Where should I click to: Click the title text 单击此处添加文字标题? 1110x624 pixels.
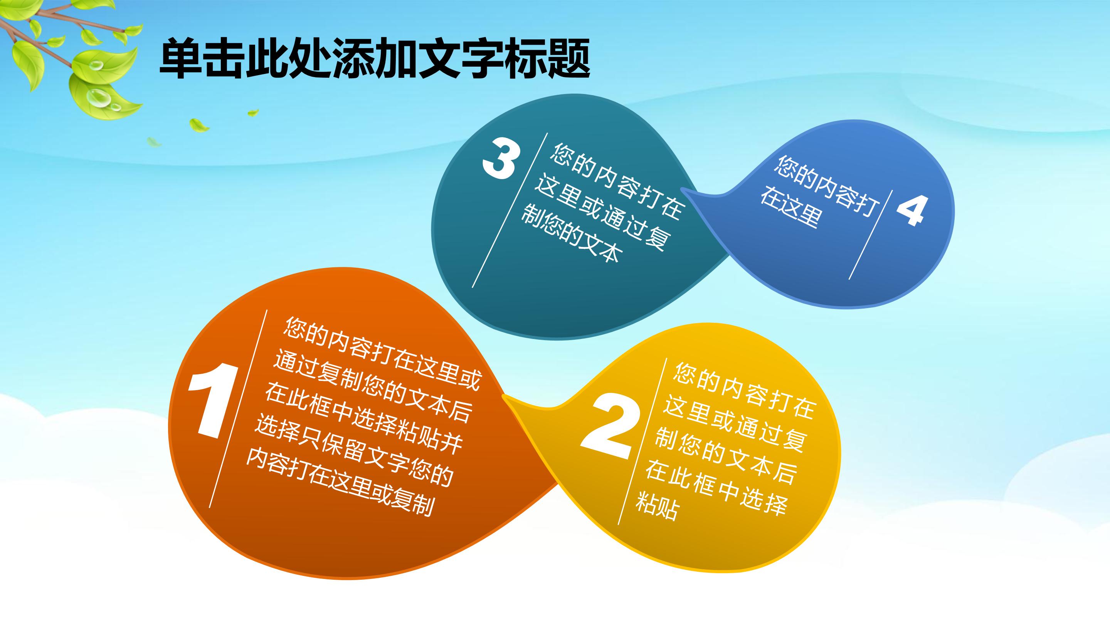(374, 59)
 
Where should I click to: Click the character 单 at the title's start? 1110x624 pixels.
(180, 59)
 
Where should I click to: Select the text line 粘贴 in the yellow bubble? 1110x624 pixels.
(658, 505)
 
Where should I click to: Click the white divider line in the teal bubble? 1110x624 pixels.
(510, 210)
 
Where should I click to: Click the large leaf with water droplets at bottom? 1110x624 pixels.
(103, 97)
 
